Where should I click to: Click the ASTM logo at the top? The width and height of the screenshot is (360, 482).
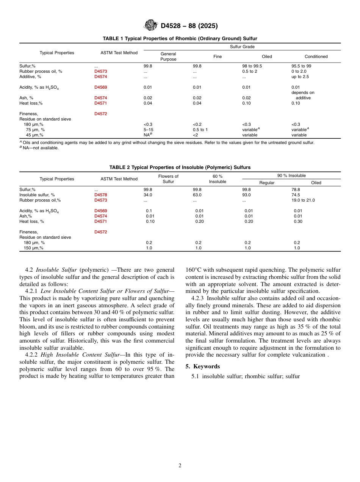151,25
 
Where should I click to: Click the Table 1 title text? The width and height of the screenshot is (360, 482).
180,39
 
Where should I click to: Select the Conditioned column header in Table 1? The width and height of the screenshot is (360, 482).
316,56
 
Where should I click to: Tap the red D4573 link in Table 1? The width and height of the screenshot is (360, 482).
101,71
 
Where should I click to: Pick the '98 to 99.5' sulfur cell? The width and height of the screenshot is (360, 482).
252,66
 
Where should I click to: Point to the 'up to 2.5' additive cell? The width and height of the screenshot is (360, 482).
300,77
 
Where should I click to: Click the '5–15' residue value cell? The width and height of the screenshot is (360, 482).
148,130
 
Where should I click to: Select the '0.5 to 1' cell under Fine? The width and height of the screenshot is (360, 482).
200,130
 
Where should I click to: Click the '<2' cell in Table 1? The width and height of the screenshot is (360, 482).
195,135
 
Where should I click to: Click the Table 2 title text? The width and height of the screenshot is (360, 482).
180,167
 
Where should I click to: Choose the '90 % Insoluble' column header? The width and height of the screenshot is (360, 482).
291,175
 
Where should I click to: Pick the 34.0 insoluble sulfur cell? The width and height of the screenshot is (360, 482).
148,195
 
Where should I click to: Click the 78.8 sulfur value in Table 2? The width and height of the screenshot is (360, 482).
296,189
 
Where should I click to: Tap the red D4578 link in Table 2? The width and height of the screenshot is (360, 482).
101,195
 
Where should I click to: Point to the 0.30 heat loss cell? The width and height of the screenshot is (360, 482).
298,221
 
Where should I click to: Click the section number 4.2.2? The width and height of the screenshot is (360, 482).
32,355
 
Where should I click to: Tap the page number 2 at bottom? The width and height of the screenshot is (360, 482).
180,466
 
